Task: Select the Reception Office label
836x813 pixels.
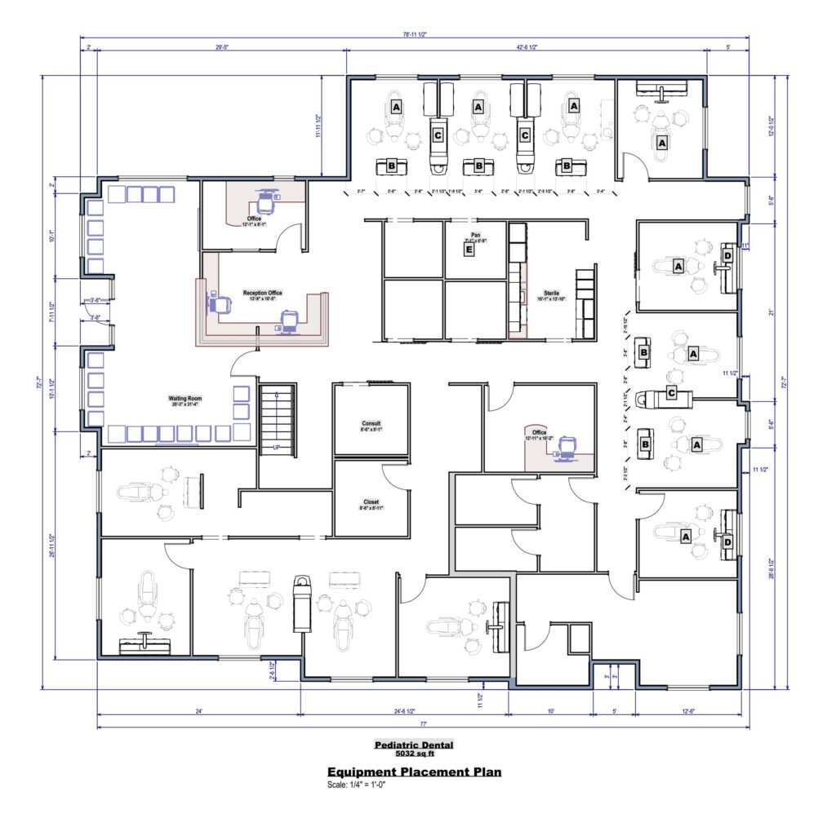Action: coord(262,292)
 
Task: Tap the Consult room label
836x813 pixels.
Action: coord(371,423)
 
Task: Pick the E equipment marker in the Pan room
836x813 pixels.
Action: coord(469,250)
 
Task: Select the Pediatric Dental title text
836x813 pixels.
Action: coord(413,745)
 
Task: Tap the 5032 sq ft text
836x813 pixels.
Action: coord(413,753)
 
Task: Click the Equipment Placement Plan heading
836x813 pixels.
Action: coord(414,771)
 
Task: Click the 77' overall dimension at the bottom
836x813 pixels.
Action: coord(424,724)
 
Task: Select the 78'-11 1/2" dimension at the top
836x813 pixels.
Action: coord(414,35)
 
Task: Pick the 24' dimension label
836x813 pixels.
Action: coord(198,711)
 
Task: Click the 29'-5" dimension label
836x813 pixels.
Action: coord(221,47)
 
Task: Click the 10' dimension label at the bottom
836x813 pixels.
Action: coord(551,711)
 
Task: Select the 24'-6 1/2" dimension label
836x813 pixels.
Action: coord(404,711)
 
